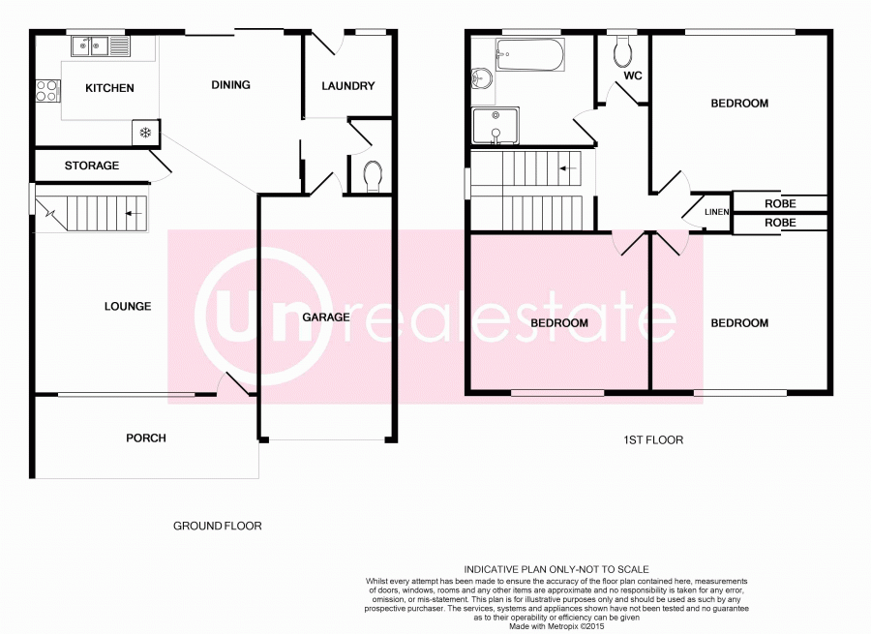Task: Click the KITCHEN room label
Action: (x=109, y=88)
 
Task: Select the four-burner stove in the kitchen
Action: (x=46, y=92)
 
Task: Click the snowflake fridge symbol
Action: (x=145, y=132)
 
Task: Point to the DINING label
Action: (x=230, y=85)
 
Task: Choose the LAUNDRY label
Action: (x=348, y=86)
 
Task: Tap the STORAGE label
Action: (x=92, y=166)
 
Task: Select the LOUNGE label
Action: (x=128, y=307)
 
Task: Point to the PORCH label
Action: (x=146, y=438)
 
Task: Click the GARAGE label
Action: (x=326, y=317)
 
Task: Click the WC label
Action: (x=634, y=75)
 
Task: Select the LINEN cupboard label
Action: (x=716, y=212)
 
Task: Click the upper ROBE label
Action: (x=780, y=204)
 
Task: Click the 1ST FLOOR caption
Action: (x=653, y=439)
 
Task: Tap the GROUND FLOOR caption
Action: (x=218, y=527)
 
